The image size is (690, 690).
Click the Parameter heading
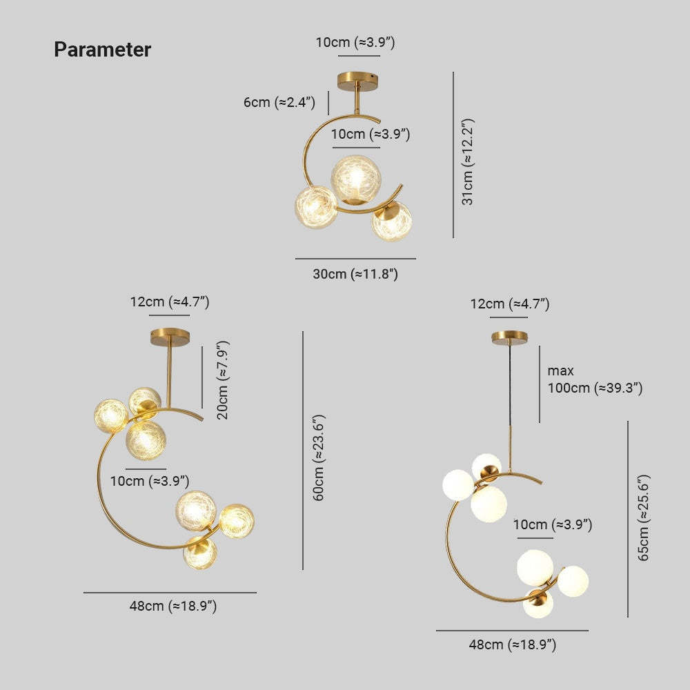coord(103,49)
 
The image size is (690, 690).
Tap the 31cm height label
coord(467,161)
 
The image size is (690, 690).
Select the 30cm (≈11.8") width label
coord(355,274)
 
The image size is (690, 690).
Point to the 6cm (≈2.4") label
coord(279,102)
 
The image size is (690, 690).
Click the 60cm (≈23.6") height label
coord(319,457)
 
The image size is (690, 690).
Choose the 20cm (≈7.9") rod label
coord(223,379)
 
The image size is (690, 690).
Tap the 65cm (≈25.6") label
coord(643,517)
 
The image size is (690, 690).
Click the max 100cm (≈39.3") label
coord(595,379)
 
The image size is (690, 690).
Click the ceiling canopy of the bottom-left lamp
coord(170,337)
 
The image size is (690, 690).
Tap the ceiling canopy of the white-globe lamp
coord(510,338)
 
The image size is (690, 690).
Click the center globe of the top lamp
coord(356,179)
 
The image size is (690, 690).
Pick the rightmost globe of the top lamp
coord(392,221)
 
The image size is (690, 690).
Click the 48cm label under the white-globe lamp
coord(513,644)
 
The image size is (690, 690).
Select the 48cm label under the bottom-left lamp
coord(173,606)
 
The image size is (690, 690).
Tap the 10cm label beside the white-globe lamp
coord(553,524)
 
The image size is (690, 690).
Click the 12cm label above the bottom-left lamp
coord(170,302)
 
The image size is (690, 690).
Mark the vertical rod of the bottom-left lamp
coord(168,377)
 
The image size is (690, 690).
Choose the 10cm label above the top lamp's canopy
coord(355,43)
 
